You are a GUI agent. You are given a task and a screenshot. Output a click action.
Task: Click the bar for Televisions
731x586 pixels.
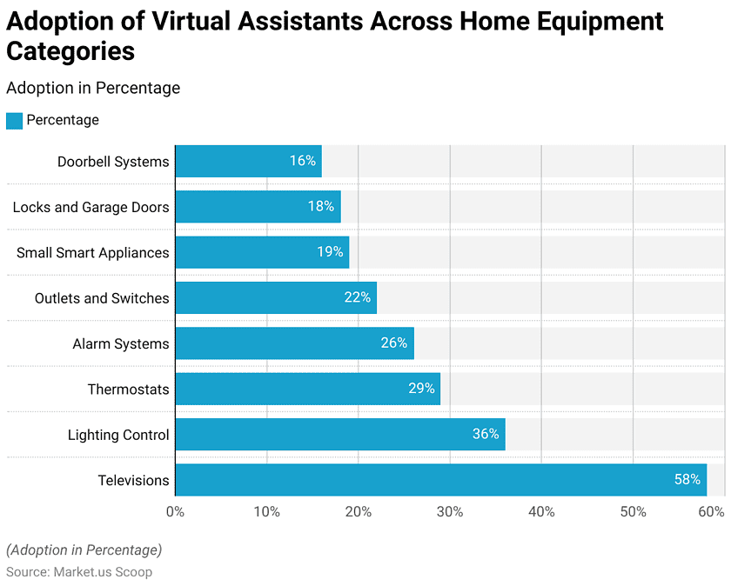(440, 480)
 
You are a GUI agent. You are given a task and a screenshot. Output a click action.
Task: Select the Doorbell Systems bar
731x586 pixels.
(248, 161)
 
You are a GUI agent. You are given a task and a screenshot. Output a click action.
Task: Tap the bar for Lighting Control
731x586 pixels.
(339, 434)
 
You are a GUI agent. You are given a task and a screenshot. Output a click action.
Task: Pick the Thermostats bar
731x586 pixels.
(307, 389)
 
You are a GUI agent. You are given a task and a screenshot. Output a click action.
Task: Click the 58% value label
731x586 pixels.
(687, 480)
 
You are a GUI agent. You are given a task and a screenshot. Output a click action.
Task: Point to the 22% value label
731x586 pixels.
(358, 298)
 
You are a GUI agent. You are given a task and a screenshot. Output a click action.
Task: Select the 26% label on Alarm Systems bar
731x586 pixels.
(394, 343)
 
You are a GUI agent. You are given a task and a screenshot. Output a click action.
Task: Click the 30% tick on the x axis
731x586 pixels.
(450, 512)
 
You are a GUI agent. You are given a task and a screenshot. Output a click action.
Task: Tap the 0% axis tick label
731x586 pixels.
(175, 512)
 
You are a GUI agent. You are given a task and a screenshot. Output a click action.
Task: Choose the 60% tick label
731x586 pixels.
(712, 512)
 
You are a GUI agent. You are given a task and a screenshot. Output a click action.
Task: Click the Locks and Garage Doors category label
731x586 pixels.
(91, 207)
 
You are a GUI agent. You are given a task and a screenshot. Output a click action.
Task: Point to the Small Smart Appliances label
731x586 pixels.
(93, 253)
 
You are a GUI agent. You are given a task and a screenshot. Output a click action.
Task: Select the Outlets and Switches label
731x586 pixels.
(102, 298)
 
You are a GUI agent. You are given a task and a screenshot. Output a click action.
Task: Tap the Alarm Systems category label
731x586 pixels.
(121, 343)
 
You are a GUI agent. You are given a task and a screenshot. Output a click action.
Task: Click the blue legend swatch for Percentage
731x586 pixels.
(14, 121)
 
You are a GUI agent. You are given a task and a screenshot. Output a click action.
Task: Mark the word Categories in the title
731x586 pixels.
(70, 51)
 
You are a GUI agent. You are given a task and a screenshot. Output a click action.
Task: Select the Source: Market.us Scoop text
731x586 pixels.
(79, 572)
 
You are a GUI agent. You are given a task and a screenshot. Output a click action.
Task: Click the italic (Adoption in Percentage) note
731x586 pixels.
(84, 549)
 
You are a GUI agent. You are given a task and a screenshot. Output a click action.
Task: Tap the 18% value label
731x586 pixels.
(321, 207)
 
